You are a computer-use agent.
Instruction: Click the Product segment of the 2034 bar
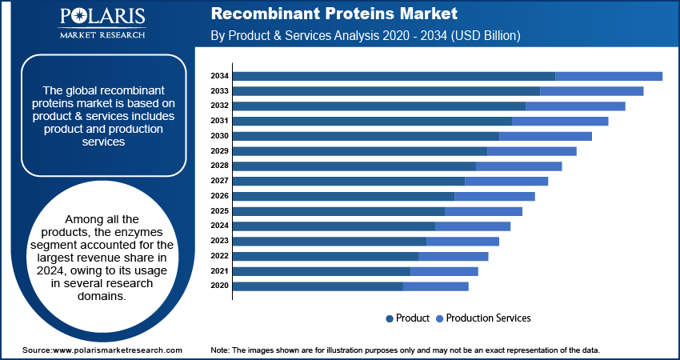point(394,76)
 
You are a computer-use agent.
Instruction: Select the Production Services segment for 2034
point(609,76)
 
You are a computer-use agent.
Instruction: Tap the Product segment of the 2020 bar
point(318,286)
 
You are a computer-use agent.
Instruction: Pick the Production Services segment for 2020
point(436,286)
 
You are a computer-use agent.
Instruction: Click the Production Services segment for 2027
point(506,181)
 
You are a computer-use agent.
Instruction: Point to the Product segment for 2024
point(334,226)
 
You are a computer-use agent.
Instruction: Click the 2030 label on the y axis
point(220,136)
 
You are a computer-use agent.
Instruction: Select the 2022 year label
point(220,256)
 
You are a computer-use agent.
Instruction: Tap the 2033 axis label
point(220,91)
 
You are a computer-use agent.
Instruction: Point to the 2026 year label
point(220,196)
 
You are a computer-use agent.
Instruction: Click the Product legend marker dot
point(390,318)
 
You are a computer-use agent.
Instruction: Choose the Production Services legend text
point(488,318)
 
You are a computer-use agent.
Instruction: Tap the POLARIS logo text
point(101,18)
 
